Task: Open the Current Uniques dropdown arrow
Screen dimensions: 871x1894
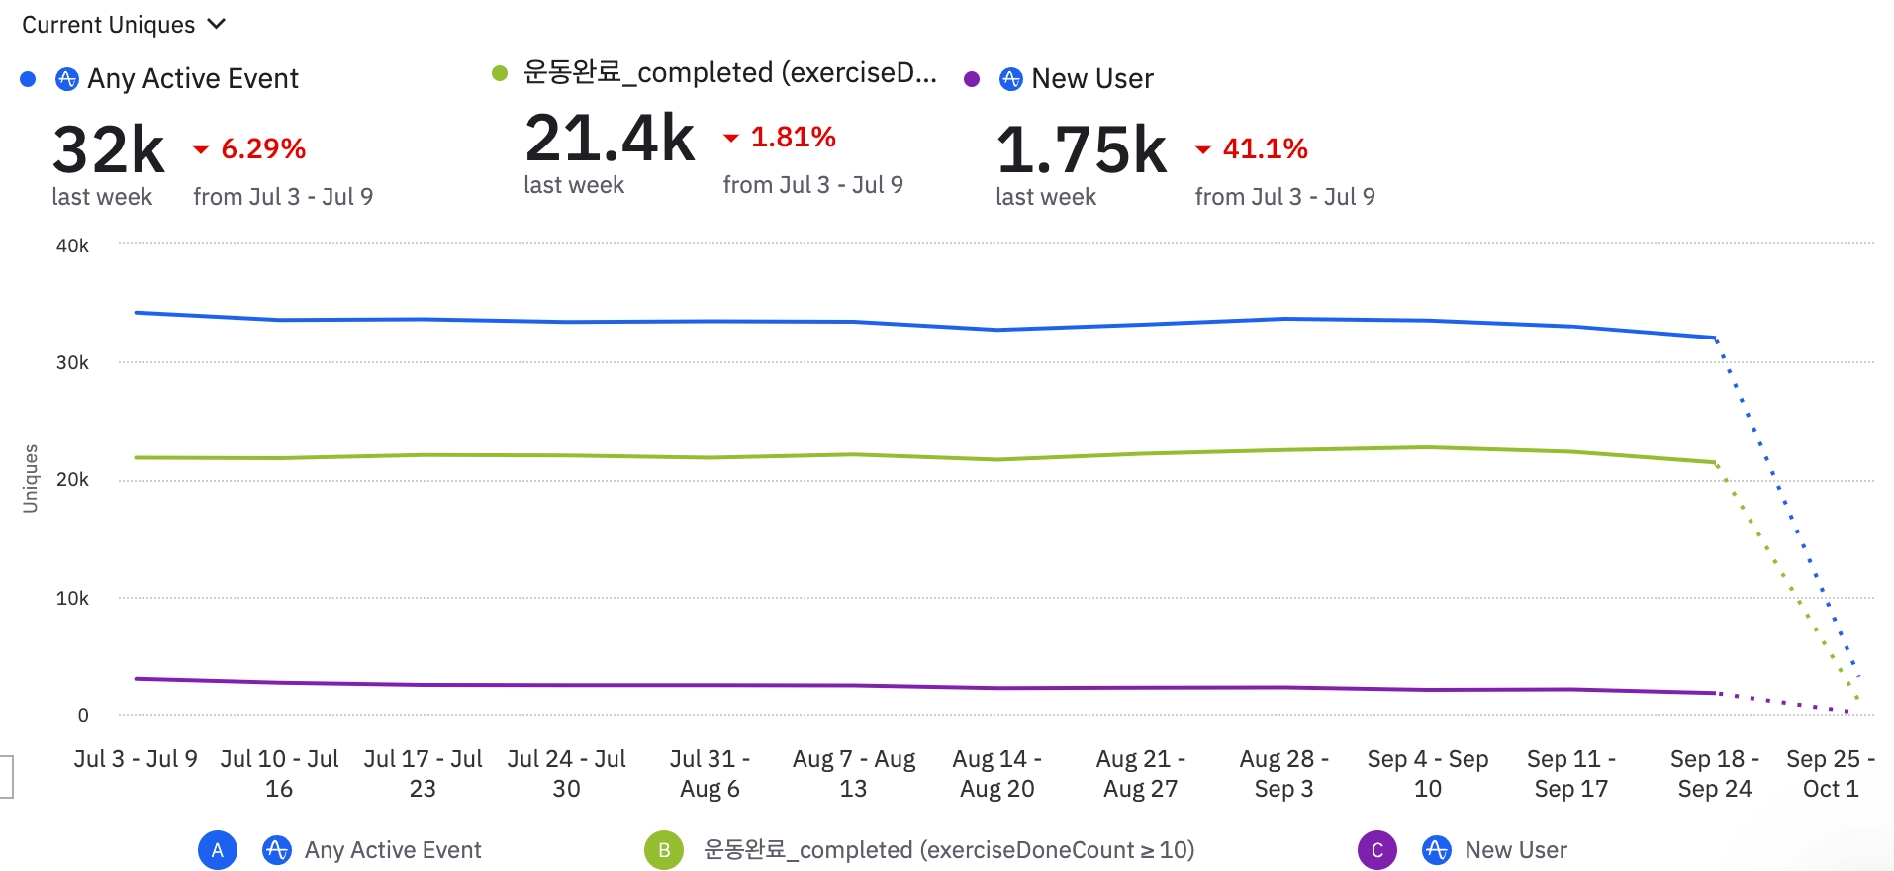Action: click(x=217, y=24)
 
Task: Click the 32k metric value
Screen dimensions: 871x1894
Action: click(x=109, y=149)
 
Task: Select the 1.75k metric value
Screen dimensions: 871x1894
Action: click(x=1082, y=149)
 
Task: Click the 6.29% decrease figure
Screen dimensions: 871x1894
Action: click(x=262, y=148)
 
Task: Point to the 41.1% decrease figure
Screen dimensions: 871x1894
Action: click(x=1265, y=148)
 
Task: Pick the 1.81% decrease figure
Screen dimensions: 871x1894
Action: click(x=793, y=137)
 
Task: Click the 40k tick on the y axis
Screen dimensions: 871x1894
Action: click(x=72, y=245)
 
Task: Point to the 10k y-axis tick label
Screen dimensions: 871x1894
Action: click(x=72, y=598)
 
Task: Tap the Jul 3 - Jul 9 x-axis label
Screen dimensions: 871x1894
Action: click(x=136, y=759)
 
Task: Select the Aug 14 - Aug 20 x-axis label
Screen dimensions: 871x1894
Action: click(x=996, y=773)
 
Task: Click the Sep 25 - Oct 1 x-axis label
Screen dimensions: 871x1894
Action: click(x=1830, y=773)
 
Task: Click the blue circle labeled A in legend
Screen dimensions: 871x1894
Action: click(x=218, y=850)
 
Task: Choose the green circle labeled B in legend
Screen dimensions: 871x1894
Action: click(x=664, y=850)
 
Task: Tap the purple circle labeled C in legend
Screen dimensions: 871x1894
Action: click(x=1377, y=850)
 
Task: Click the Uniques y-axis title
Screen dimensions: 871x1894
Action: click(x=31, y=478)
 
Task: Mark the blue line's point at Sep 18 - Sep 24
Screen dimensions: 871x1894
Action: click(x=1714, y=338)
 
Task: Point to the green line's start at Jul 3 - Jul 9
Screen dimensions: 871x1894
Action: click(x=136, y=457)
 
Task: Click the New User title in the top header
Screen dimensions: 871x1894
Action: click(x=1091, y=78)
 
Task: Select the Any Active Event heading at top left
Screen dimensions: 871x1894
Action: click(x=192, y=78)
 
